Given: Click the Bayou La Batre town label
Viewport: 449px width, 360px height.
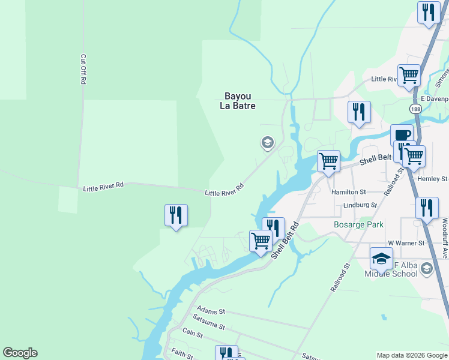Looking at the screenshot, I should (x=240, y=101).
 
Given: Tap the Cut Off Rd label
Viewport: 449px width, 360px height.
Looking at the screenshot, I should (x=83, y=70).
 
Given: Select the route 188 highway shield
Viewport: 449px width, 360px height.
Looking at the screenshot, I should (x=415, y=109).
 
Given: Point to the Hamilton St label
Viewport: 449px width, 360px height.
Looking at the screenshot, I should (x=349, y=192).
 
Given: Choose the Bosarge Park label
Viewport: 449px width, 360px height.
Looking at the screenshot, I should (x=358, y=224).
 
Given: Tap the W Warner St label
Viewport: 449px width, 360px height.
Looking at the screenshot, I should (x=406, y=243).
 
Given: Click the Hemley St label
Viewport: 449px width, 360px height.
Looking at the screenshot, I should (x=436, y=179).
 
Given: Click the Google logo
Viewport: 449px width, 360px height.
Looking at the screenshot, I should (x=20, y=353).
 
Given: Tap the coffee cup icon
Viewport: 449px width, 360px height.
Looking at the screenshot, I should (x=402, y=135).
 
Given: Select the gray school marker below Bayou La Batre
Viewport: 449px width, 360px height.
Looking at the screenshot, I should (x=267, y=143).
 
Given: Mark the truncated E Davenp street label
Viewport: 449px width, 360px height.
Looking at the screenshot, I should (x=434, y=98).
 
